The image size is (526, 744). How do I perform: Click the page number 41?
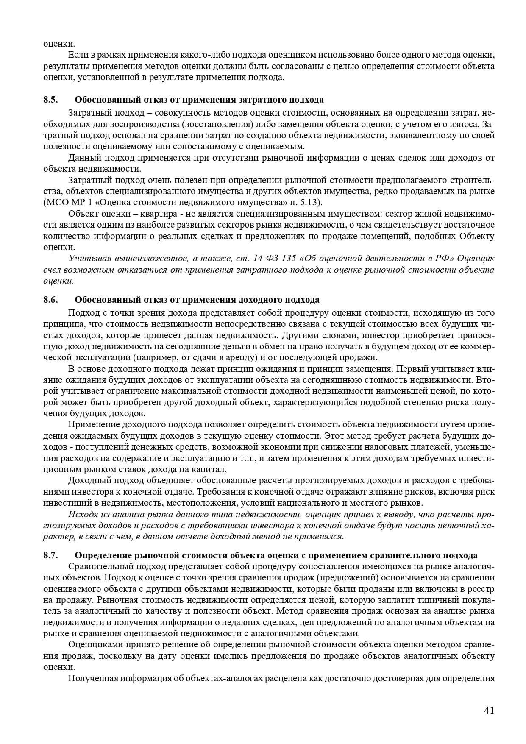pos(489,711)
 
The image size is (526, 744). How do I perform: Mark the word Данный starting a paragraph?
pos(82,158)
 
